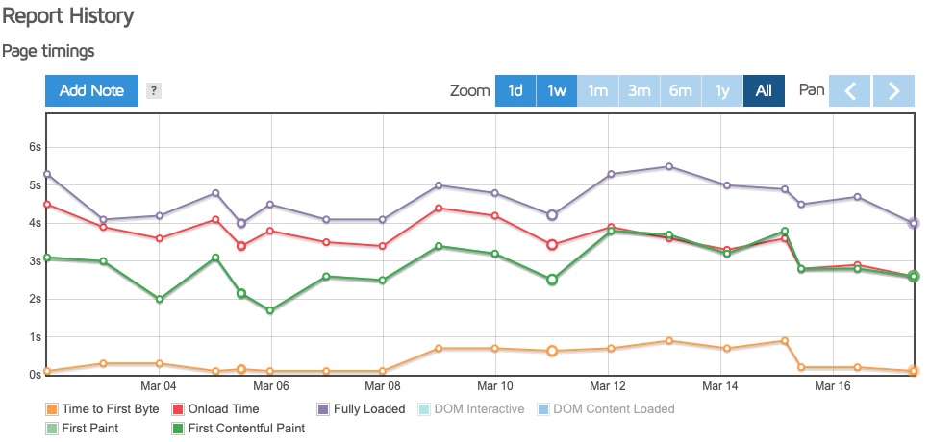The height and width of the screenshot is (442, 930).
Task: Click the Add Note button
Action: (x=91, y=90)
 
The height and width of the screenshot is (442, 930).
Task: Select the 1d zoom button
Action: (x=515, y=90)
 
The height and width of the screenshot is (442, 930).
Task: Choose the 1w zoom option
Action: (x=557, y=90)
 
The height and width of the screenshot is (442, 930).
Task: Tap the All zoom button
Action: (x=764, y=90)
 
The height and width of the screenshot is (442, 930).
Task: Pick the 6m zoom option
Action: (x=681, y=90)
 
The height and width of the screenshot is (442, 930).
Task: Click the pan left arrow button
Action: (x=849, y=90)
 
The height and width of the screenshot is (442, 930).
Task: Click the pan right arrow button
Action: (x=893, y=90)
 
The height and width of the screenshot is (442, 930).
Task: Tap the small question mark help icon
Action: (x=154, y=90)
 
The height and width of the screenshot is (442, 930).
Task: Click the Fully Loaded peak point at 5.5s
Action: (x=669, y=166)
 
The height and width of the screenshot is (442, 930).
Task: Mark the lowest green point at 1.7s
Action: (x=270, y=310)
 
